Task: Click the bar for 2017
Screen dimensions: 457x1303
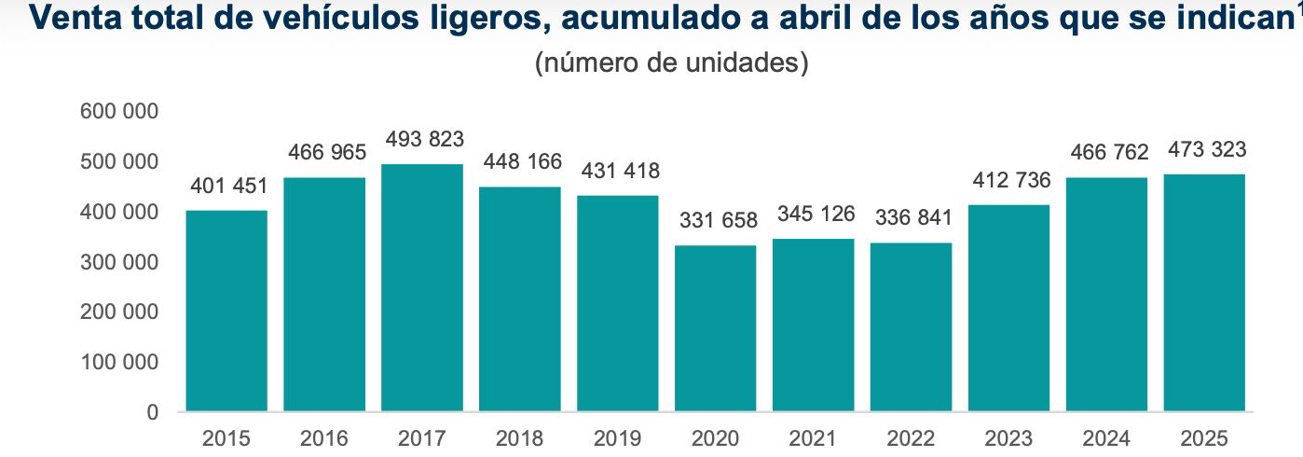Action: [x=422, y=287]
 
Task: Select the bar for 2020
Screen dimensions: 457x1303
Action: [x=716, y=327]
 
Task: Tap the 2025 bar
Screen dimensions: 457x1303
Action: [x=1204, y=292]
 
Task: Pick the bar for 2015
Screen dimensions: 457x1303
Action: [x=226, y=310]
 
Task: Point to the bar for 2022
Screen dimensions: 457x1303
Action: [x=912, y=326]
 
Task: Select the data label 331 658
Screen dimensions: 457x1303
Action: [x=717, y=221]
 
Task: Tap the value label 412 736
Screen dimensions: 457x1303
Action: [x=1011, y=180]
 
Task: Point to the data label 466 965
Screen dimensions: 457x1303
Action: [x=325, y=152]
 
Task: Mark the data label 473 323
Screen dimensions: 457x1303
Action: [x=1207, y=149]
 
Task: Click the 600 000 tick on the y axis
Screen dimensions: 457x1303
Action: [x=120, y=112]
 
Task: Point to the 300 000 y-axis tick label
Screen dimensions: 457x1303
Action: [x=120, y=262]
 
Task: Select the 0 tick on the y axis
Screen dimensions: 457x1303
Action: [x=151, y=412]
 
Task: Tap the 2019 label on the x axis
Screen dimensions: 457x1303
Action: [x=618, y=438]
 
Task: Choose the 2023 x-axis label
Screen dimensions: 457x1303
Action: [x=1009, y=438]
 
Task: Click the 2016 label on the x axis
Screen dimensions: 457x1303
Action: [x=324, y=438]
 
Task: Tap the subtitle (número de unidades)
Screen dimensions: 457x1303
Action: [x=670, y=63]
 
